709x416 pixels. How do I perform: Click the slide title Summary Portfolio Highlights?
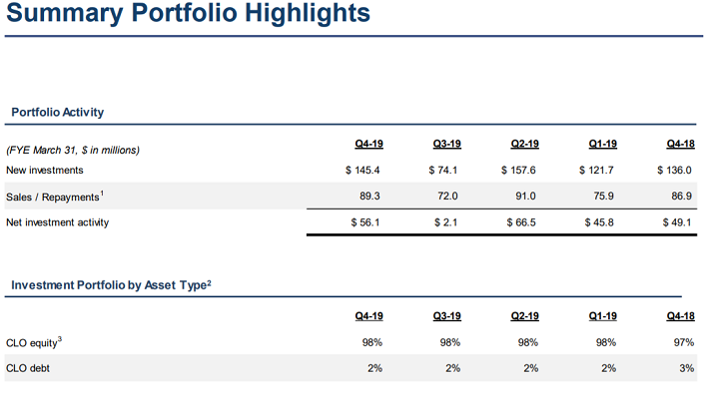coord(188,16)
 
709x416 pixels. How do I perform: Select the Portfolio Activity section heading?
coord(57,112)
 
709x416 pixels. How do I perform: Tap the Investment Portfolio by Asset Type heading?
coord(110,285)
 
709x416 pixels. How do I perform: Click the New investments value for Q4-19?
coord(361,171)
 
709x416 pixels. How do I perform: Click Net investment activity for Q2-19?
coord(521,222)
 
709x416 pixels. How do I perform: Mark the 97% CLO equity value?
coord(682,342)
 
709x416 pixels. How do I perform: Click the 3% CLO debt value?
coord(685,367)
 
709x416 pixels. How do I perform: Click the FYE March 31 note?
coord(73,150)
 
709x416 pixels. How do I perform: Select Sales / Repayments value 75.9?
coord(602,197)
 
